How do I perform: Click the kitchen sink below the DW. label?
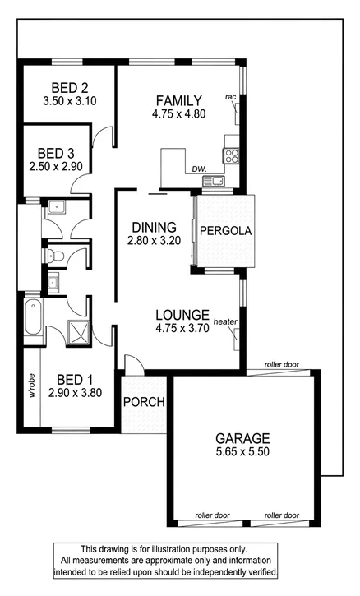coord(215,180)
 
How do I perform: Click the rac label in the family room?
coord(231,98)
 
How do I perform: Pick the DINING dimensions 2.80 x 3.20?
coord(152,242)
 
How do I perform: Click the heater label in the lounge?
coord(225,321)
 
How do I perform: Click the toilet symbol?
coord(55,256)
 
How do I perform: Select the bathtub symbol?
coord(32,319)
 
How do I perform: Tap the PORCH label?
coord(144,403)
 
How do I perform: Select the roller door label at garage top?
coord(281,364)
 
